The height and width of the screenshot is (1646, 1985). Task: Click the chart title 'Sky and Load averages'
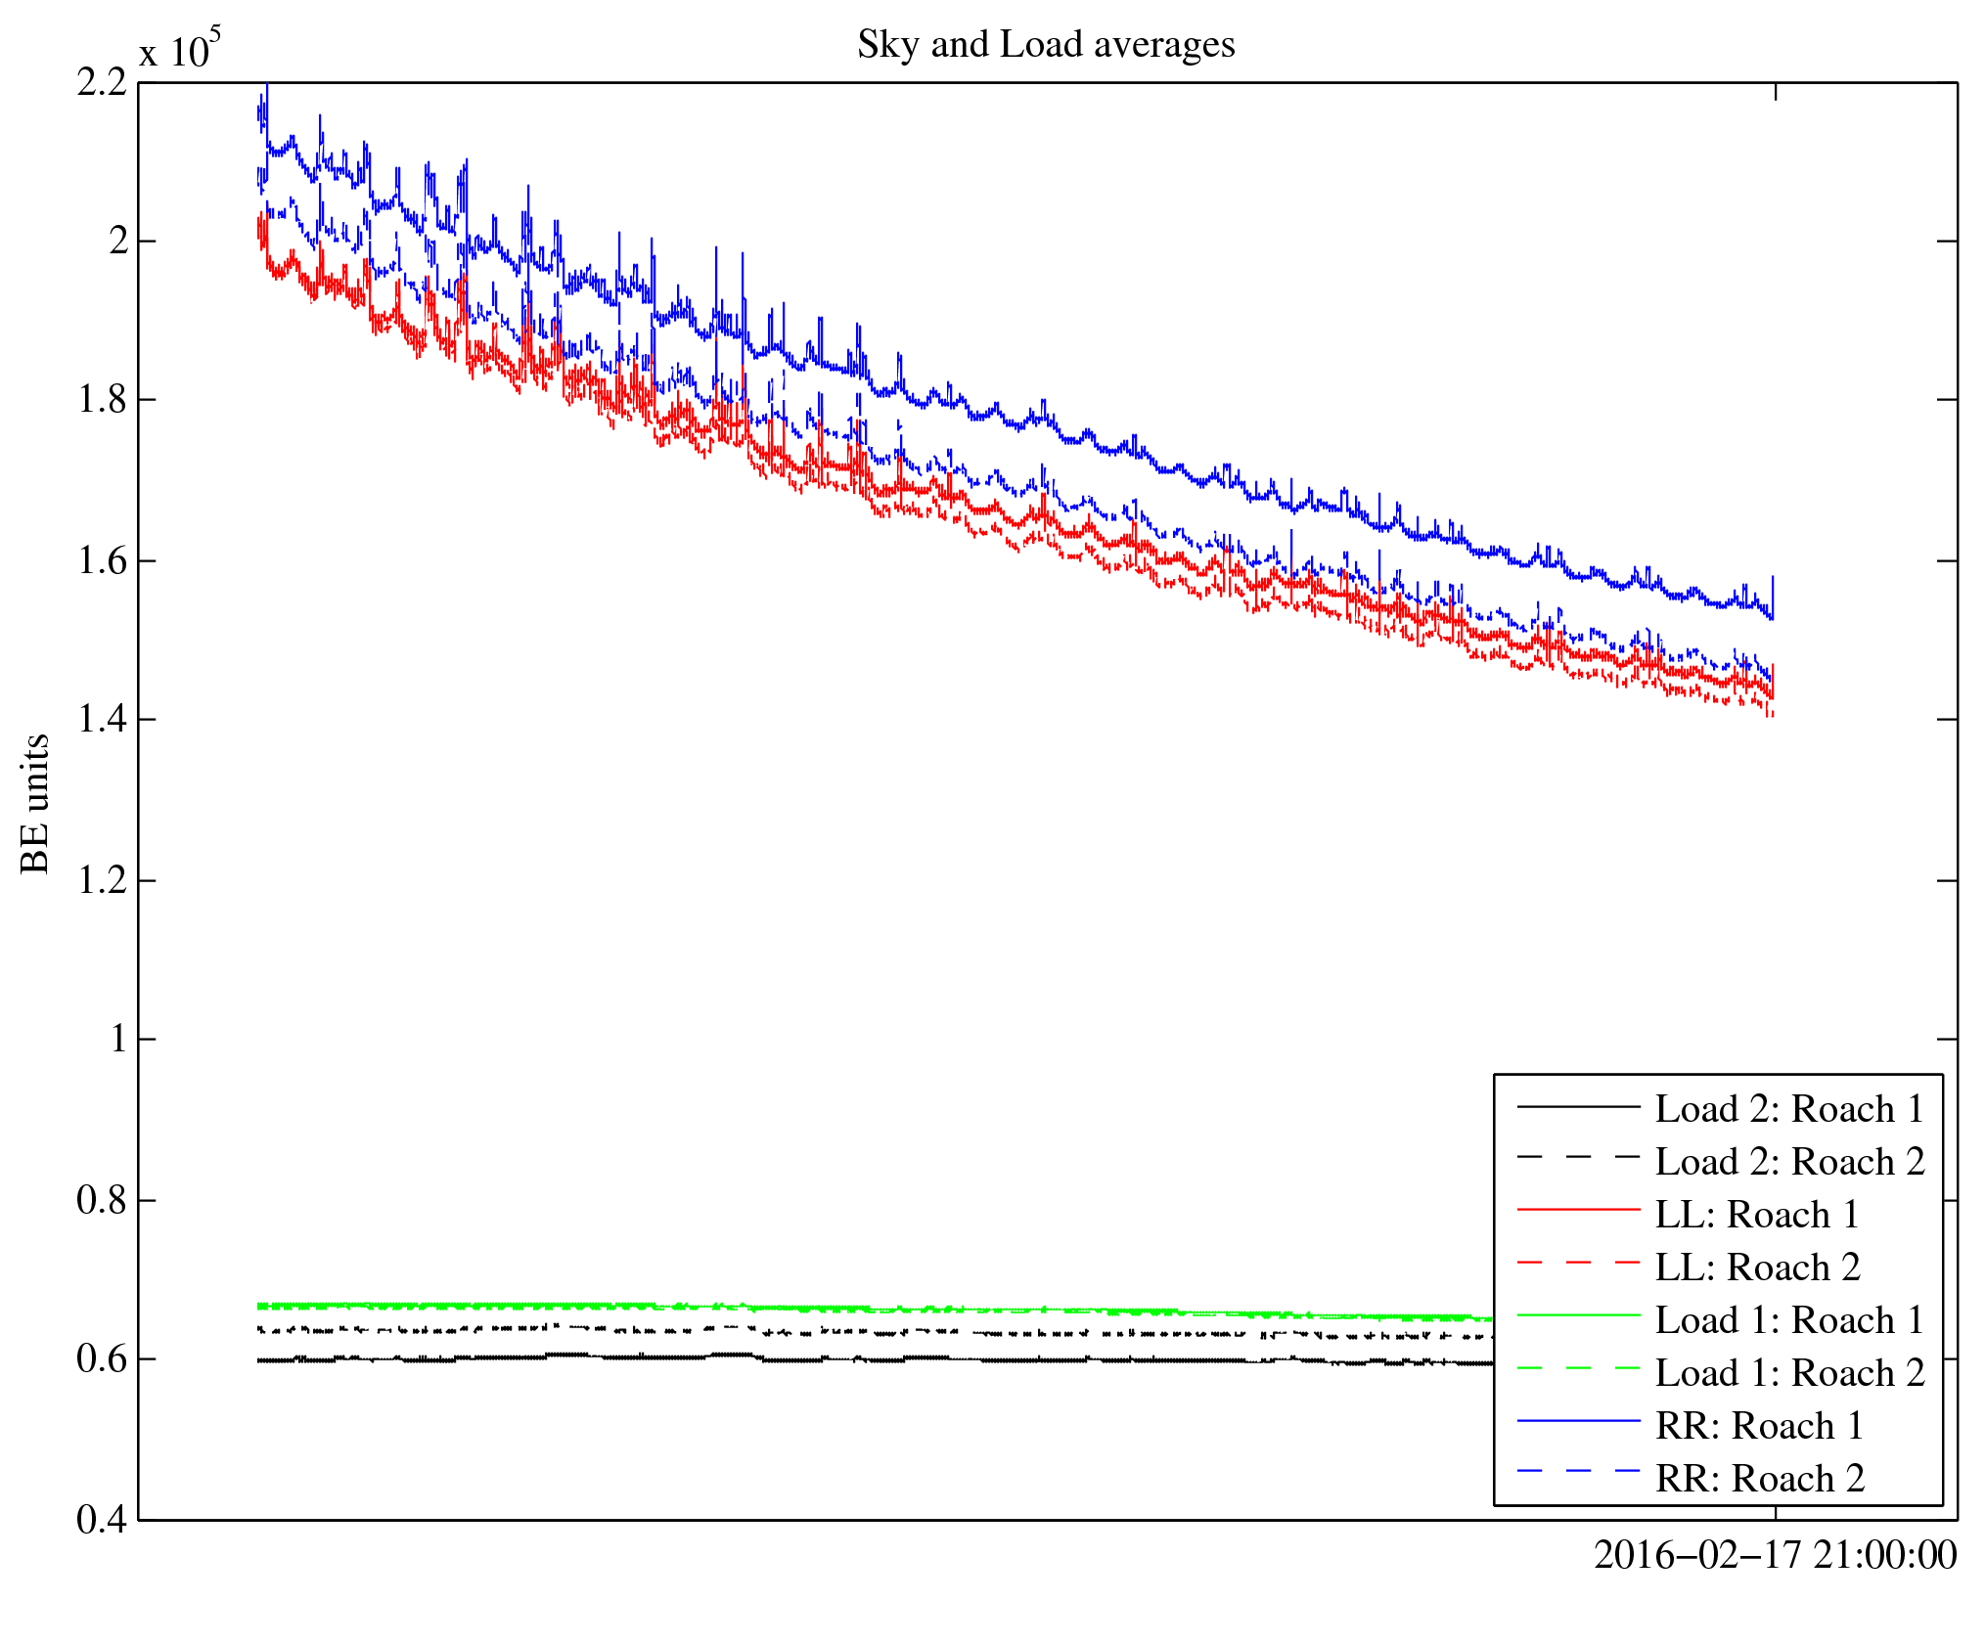click(1046, 45)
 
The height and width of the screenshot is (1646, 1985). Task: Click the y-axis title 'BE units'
click(35, 803)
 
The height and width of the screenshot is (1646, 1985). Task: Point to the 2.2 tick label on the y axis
click(102, 83)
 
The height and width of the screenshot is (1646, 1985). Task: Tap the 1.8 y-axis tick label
click(102, 400)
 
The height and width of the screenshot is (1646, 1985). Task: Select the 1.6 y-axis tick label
click(102, 561)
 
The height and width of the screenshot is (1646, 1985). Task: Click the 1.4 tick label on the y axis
click(102, 720)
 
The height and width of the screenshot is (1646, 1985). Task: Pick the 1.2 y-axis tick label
click(102, 880)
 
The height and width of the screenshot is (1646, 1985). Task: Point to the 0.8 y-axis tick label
click(102, 1200)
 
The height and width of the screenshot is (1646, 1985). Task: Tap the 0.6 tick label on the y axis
click(102, 1359)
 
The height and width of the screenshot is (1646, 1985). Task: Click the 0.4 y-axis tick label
click(102, 1520)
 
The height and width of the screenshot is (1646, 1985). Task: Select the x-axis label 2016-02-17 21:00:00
click(1775, 1555)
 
